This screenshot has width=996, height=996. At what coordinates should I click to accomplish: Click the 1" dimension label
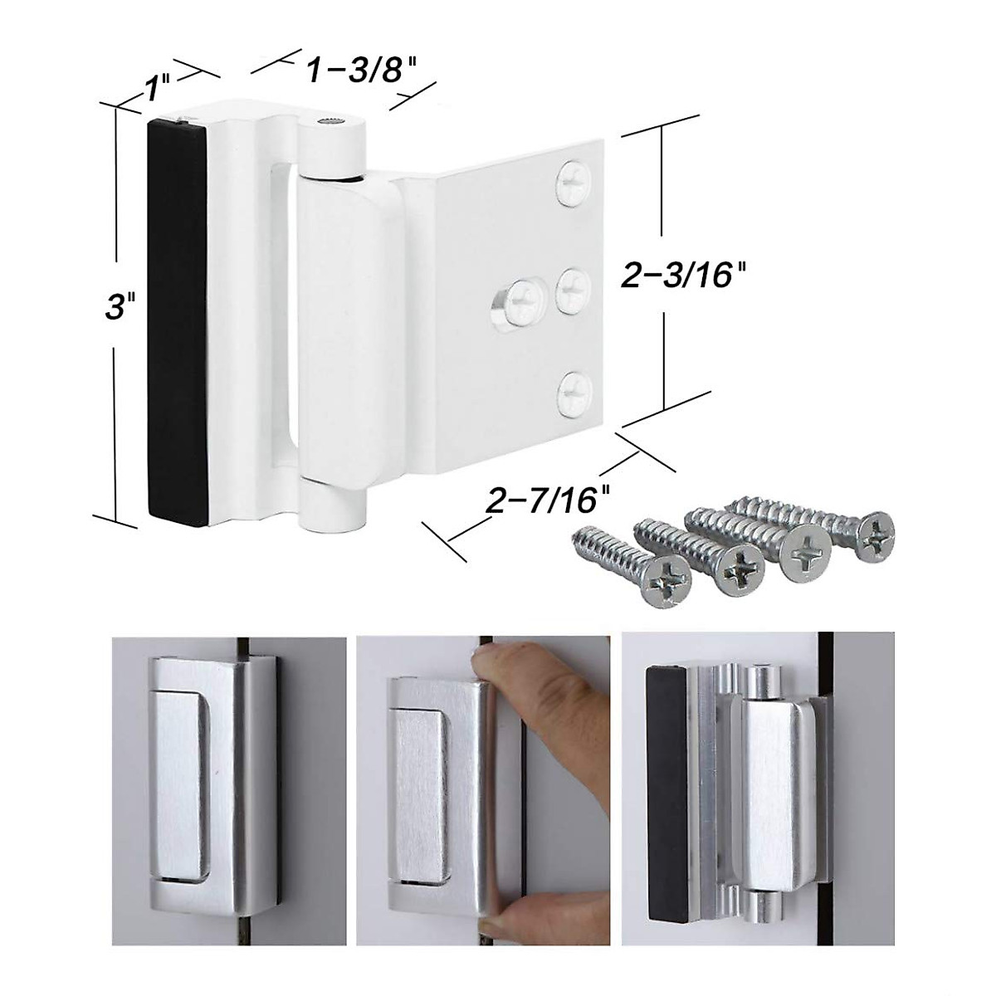click(159, 86)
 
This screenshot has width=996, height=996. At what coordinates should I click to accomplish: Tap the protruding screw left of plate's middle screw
click(519, 297)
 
